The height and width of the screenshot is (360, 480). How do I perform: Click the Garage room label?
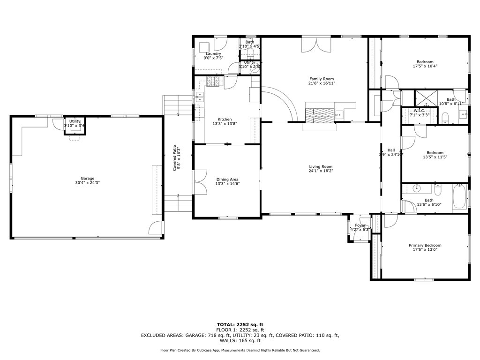(x=87, y=178)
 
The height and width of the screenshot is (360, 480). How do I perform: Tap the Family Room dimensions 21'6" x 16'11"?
(x=322, y=83)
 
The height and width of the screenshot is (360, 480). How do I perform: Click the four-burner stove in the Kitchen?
(x=214, y=82)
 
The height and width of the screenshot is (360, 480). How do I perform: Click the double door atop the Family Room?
(x=316, y=45)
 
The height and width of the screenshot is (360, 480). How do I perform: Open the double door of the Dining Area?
(x=200, y=181)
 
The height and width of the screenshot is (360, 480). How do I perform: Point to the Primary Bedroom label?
(x=425, y=245)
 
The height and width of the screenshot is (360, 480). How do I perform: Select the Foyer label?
(x=360, y=225)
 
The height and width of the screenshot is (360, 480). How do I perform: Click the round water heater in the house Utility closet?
(x=255, y=66)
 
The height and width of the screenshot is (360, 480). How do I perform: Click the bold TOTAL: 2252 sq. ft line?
(x=240, y=324)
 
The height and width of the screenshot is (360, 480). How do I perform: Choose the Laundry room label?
(x=213, y=53)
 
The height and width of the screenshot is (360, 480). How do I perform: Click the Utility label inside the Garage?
(x=75, y=121)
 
